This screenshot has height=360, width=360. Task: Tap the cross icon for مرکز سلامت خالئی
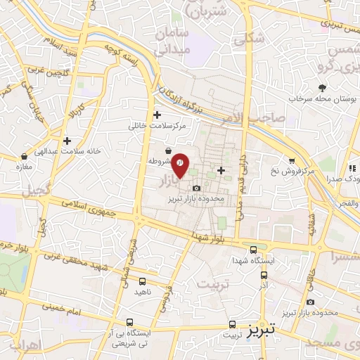click(x=157, y=115)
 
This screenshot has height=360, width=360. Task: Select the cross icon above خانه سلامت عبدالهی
click(x=67, y=141)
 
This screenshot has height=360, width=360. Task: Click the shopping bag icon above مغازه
click(x=25, y=156)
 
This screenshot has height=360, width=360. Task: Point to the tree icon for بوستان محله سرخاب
click(x=323, y=88)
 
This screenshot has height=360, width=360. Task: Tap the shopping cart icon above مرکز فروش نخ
click(x=292, y=161)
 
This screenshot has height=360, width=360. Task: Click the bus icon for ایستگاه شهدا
click(x=254, y=250)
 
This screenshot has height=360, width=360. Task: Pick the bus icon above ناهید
click(x=124, y=281)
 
